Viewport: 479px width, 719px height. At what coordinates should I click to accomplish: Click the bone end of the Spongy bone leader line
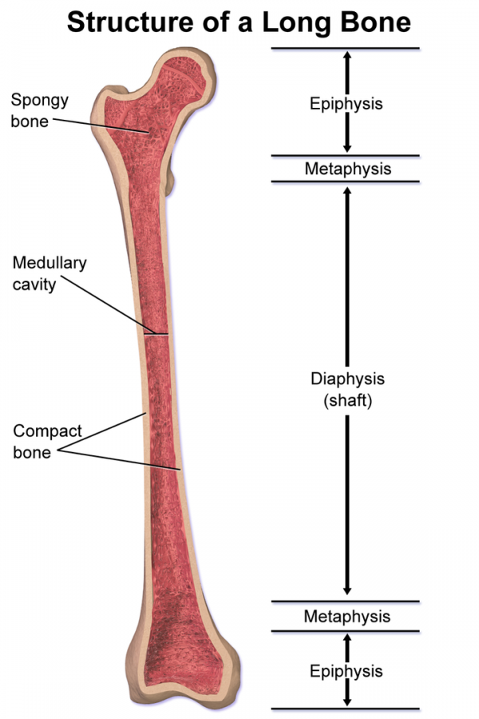tap(149, 133)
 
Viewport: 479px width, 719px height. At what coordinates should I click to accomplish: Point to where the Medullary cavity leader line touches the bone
tap(155, 333)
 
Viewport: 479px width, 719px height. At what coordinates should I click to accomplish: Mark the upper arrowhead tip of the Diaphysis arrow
tap(347, 187)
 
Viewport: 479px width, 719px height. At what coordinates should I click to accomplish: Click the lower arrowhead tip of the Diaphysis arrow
tap(347, 595)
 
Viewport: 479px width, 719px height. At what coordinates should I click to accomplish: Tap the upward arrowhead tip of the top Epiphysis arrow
tap(347, 51)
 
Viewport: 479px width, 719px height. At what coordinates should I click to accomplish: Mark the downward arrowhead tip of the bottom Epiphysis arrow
tap(347, 706)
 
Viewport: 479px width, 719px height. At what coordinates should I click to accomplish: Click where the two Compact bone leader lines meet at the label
tap(58, 451)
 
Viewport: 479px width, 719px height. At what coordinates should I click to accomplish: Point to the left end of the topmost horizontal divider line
tap(271, 48)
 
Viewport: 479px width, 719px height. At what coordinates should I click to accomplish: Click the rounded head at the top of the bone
tap(186, 73)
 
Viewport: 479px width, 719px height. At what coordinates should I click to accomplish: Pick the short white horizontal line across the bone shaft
tap(156, 335)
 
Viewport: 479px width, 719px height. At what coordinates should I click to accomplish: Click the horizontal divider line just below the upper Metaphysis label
tap(345, 181)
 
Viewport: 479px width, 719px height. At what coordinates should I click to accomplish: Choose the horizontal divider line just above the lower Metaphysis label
tap(345, 601)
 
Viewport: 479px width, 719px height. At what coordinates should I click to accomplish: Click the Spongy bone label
tap(39, 110)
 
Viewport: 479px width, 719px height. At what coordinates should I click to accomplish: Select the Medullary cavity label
tap(49, 273)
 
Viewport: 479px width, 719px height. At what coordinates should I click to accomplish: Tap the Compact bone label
tap(47, 442)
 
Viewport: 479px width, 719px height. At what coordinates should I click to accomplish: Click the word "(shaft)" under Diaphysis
tap(348, 401)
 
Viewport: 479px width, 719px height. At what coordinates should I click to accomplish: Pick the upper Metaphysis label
tap(348, 169)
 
